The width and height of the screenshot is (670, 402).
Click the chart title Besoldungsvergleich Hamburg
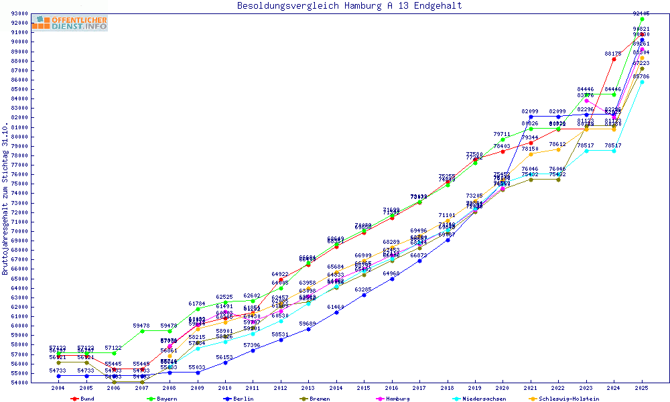(x=349, y=6)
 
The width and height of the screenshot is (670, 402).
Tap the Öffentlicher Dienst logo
(x=69, y=23)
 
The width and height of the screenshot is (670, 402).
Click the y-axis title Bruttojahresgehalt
(x=6, y=199)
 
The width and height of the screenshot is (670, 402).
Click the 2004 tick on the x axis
(x=58, y=387)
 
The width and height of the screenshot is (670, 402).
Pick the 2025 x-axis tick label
(x=642, y=387)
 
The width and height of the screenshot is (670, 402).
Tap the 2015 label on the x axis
(x=364, y=387)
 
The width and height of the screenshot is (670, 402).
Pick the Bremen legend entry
(x=319, y=399)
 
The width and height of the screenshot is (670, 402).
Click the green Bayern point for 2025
(x=642, y=19)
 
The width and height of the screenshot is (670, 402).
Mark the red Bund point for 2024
(x=614, y=59)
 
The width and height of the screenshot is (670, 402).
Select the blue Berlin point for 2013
(x=308, y=329)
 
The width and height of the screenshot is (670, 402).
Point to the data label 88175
(x=613, y=53)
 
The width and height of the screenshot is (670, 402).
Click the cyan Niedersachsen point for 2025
(x=642, y=82)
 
